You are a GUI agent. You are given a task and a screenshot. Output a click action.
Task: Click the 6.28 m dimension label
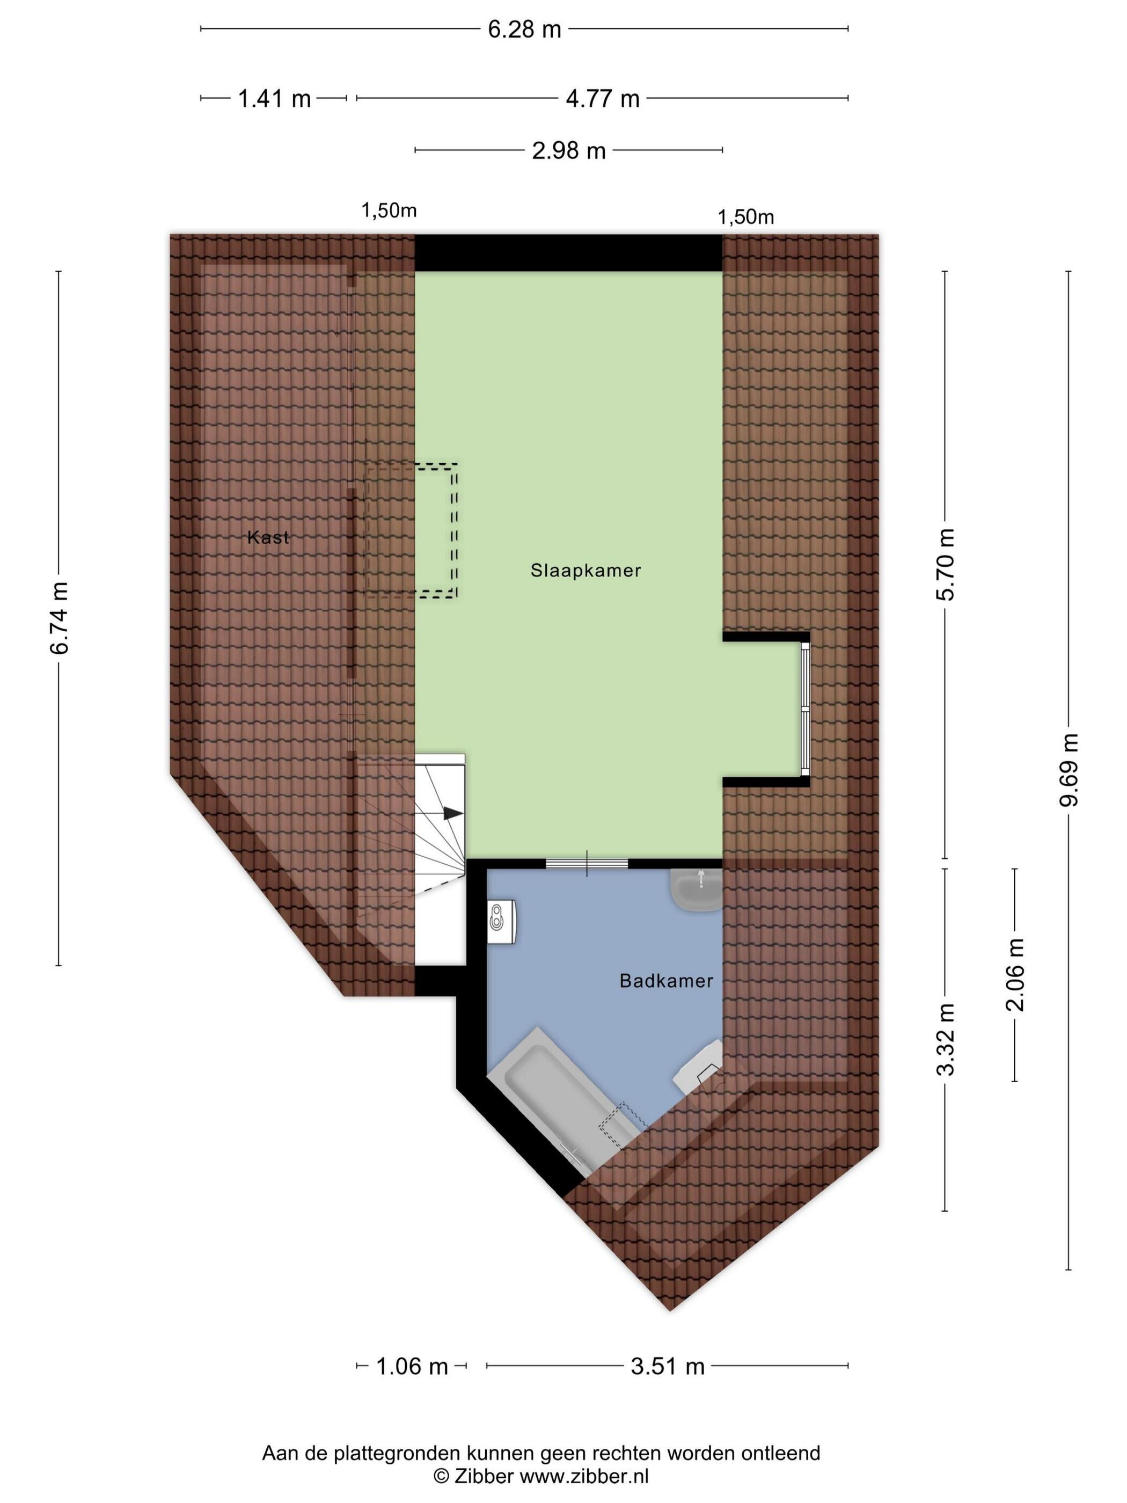pos(524,29)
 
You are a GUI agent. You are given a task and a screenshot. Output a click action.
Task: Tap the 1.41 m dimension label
pos(274,99)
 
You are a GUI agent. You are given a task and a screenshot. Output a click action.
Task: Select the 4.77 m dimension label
pos(603,99)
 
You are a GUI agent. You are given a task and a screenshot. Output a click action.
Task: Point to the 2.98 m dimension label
pos(568,150)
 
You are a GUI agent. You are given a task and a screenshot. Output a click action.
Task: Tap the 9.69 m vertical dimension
pos(1069,769)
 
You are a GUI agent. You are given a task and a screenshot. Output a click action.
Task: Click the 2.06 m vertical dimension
pos(1015,974)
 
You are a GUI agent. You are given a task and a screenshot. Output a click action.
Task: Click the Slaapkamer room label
pos(586,570)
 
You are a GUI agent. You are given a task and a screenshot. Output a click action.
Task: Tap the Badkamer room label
pos(666,981)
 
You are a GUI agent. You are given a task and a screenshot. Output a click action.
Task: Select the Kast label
pos(268,537)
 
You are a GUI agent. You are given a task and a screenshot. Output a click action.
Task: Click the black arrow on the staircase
pos(453,813)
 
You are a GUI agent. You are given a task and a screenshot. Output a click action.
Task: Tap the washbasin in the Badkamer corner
pos(696,889)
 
